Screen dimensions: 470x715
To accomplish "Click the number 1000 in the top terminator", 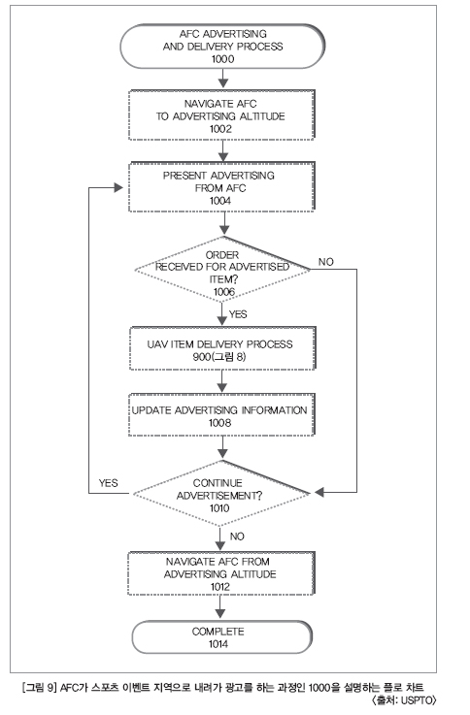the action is click(222, 59).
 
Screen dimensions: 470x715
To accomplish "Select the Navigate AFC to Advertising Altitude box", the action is click(221, 114).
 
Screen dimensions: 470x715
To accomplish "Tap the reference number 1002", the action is click(220, 129).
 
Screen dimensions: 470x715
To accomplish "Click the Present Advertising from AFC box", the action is click(221, 186).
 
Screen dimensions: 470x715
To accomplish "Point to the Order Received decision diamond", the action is click(222, 270).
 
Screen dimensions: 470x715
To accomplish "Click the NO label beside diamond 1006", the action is click(326, 262).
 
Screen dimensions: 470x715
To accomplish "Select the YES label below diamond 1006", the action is click(238, 314).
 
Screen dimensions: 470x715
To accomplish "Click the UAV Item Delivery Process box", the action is click(222, 348).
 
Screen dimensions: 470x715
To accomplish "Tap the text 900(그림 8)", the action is click(219, 357).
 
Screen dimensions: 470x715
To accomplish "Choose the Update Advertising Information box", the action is click(221, 414).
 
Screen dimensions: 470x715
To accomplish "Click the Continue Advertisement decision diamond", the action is click(221, 494).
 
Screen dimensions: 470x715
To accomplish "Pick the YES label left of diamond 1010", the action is click(108, 483).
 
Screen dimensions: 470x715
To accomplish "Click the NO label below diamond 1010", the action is click(237, 536).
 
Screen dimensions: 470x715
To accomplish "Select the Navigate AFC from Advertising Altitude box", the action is click(221, 573).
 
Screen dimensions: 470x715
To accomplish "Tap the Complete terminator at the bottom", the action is click(222, 637).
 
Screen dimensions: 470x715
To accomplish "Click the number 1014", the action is click(218, 644).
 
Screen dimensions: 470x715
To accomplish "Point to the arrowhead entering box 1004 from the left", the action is click(118, 187).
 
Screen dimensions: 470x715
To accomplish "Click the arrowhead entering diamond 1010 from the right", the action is click(319, 493).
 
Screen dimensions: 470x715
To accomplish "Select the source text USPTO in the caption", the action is click(418, 699).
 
